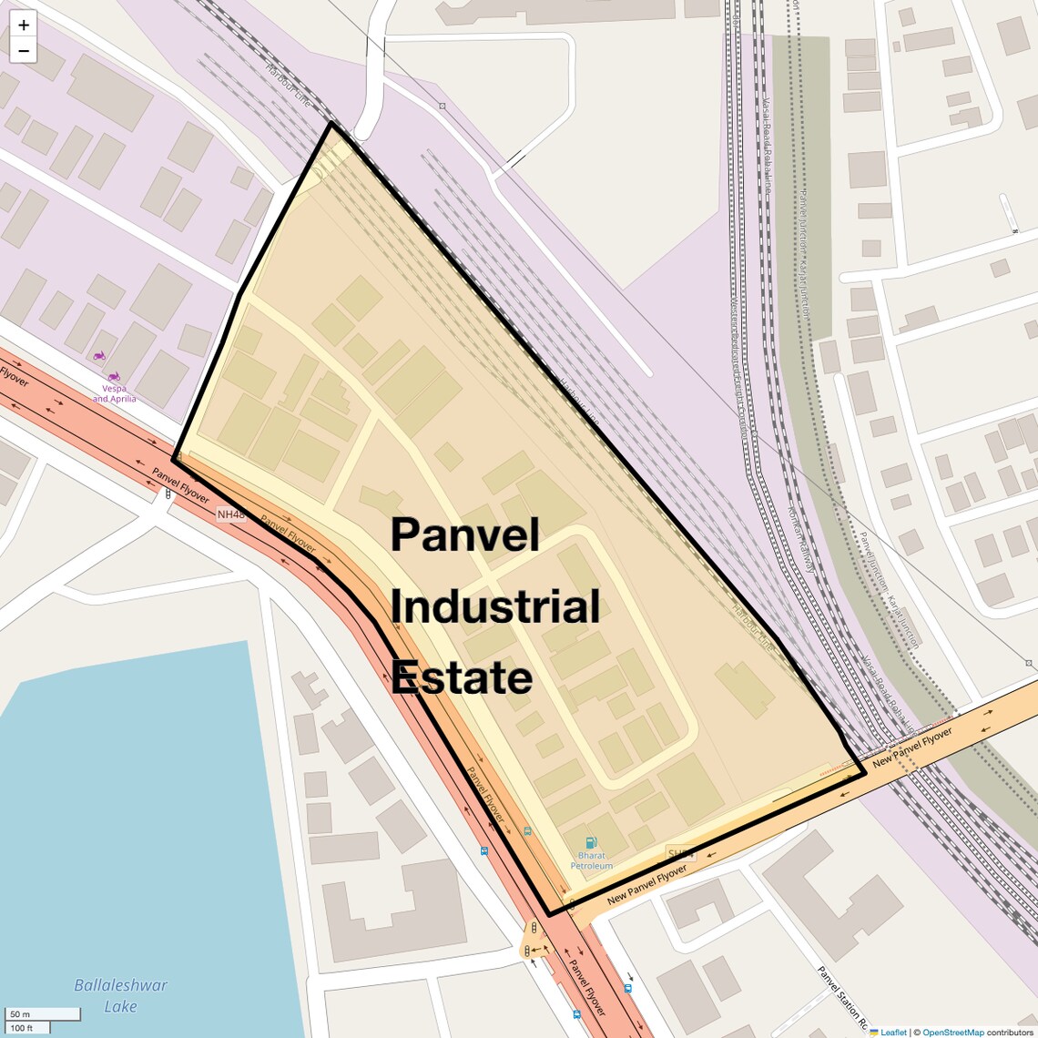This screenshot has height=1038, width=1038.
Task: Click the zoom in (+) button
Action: (24, 25)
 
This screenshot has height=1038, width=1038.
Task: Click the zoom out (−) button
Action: (24, 51)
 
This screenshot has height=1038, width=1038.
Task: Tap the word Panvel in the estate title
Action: (465, 534)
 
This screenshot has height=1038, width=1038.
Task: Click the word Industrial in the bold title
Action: (495, 606)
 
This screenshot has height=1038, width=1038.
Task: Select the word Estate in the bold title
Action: (462, 678)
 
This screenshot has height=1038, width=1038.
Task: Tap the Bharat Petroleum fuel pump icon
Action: (592, 843)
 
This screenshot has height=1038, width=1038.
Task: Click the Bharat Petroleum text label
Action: (592, 860)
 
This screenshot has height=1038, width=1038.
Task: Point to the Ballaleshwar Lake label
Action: (120, 995)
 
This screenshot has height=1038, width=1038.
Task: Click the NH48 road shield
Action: (231, 514)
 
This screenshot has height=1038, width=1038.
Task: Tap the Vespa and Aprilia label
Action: (115, 393)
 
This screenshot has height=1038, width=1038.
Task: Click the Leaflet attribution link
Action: (892, 1032)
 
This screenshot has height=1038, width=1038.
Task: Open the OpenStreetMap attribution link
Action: (952, 1032)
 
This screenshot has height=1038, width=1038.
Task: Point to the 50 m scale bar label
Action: (20, 1014)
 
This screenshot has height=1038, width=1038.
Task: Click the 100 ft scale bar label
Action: (22, 1028)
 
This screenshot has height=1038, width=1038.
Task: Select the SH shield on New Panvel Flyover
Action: (680, 854)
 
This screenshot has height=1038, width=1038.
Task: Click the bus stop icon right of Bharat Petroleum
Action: (628, 988)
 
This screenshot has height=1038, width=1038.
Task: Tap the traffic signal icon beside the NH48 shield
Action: (168, 494)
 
